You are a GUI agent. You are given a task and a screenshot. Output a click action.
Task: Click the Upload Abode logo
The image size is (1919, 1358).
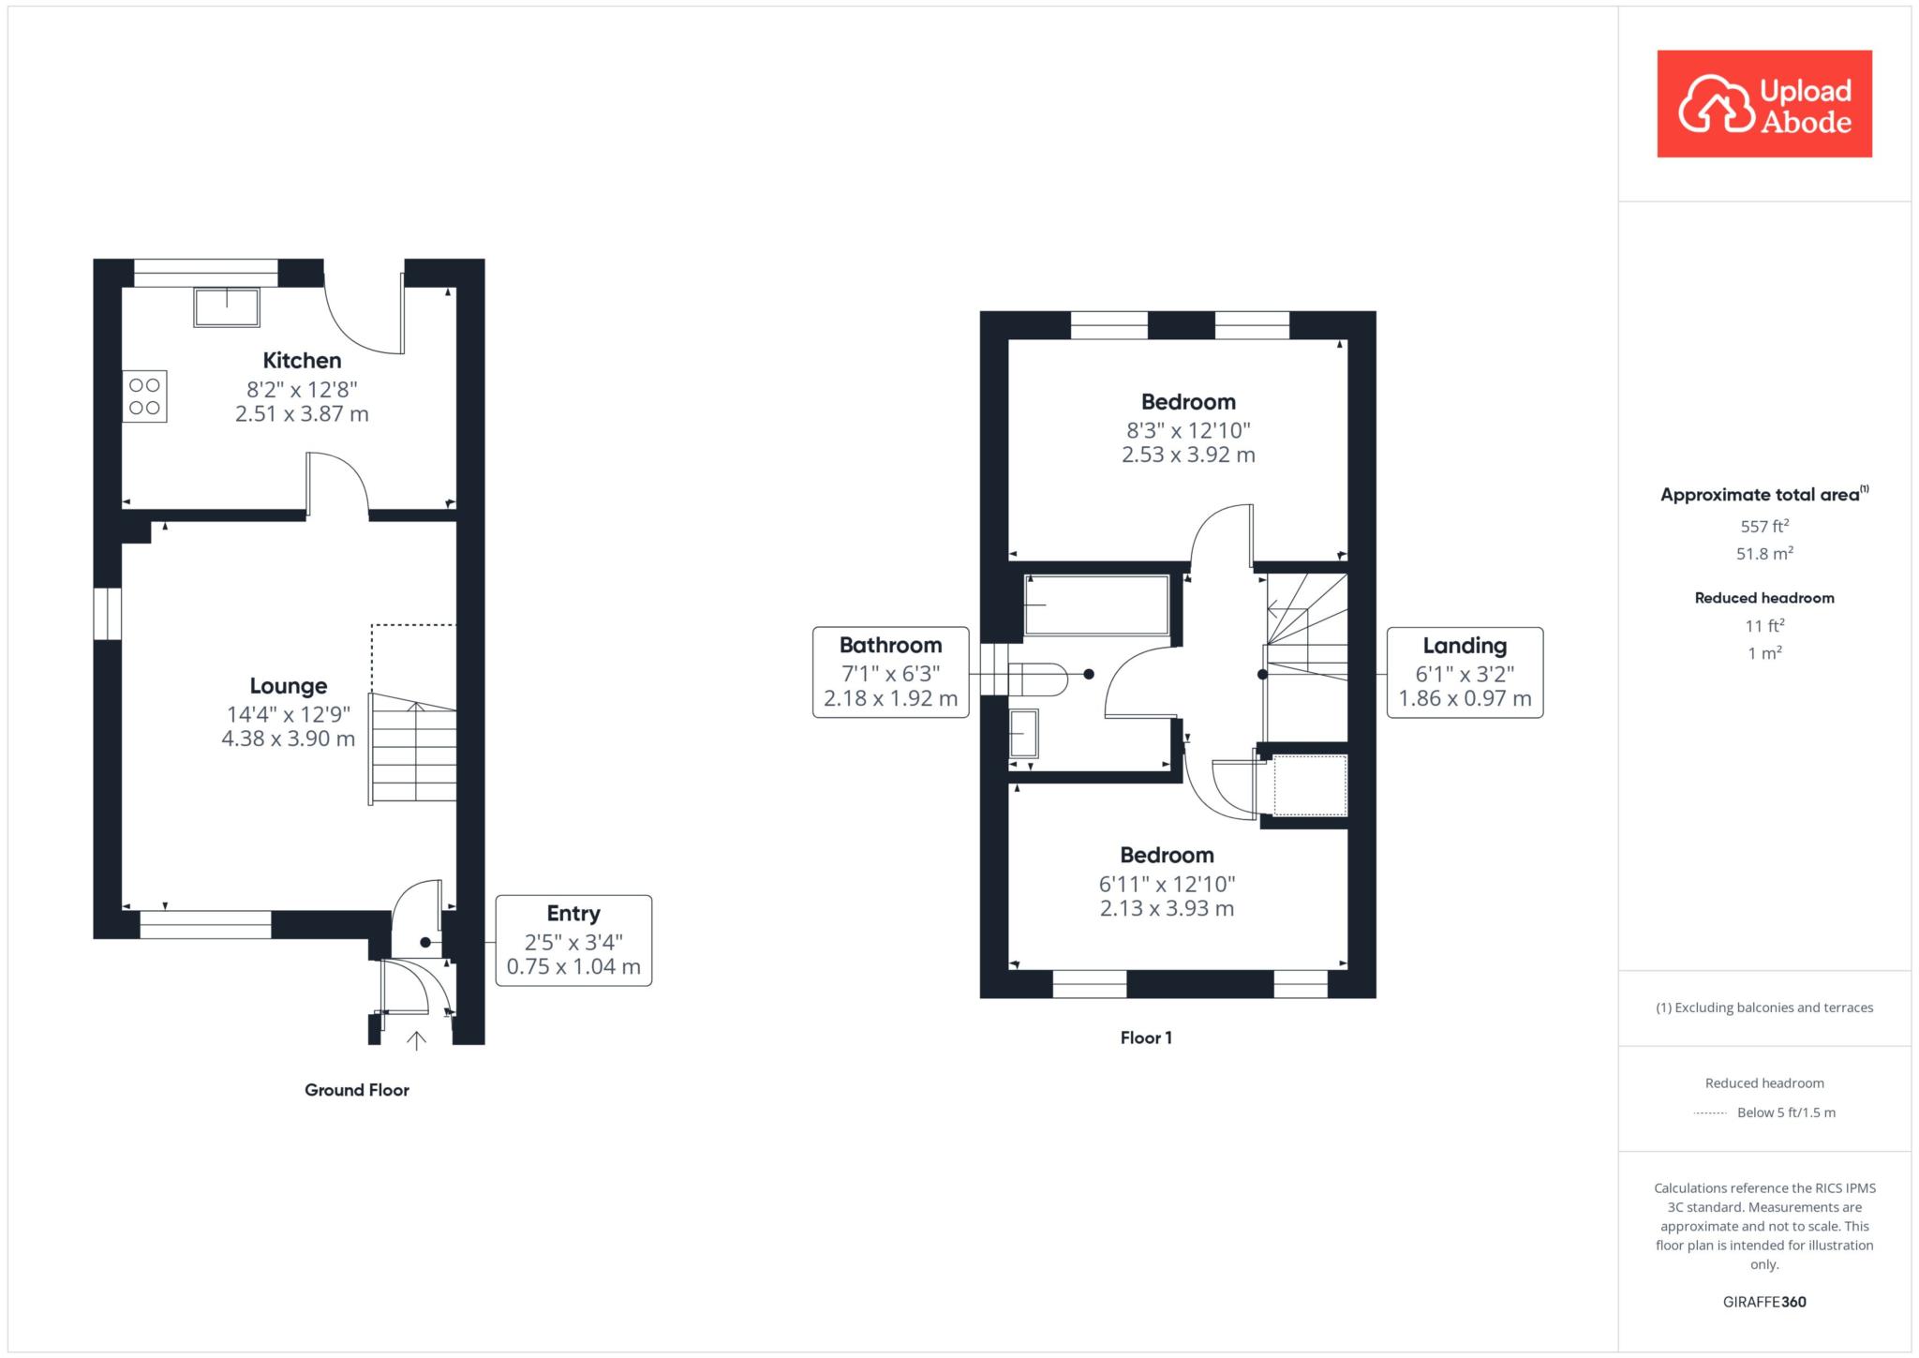pyautogui.click(x=1764, y=104)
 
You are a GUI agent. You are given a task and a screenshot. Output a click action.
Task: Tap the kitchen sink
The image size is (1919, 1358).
pyautogui.click(x=227, y=307)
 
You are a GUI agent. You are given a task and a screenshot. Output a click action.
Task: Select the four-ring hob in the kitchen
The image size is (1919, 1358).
pyautogui.click(x=144, y=396)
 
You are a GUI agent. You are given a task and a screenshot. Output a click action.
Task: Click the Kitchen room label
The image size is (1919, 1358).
pyautogui.click(x=302, y=361)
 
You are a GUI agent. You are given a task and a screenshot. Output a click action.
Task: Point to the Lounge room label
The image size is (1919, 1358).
pyautogui.click(x=289, y=686)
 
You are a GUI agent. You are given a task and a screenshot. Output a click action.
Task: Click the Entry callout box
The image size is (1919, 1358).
pyautogui.click(x=573, y=941)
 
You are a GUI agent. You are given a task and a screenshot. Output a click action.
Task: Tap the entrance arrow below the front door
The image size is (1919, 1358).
pyautogui.click(x=416, y=1039)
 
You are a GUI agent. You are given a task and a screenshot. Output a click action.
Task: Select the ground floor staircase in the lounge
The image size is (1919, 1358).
pyautogui.click(x=413, y=748)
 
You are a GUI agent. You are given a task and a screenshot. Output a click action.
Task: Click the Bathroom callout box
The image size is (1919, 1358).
pyautogui.click(x=891, y=673)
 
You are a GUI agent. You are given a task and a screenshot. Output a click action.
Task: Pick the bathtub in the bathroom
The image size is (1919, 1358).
pyautogui.click(x=1096, y=605)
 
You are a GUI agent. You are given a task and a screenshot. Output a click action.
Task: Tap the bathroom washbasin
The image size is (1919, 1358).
pyautogui.click(x=1023, y=733)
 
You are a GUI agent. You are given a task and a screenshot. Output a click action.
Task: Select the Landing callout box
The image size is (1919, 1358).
pyautogui.click(x=1465, y=673)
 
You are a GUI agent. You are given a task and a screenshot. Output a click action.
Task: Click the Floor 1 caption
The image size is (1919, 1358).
pyautogui.click(x=1146, y=1037)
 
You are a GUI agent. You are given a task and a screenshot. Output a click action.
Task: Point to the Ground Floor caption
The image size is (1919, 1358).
pyautogui.click(x=357, y=1090)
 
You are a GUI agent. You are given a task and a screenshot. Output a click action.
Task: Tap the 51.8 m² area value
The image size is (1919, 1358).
pyautogui.click(x=1764, y=553)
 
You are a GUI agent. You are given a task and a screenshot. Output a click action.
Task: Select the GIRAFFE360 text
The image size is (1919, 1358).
pyautogui.click(x=1764, y=1302)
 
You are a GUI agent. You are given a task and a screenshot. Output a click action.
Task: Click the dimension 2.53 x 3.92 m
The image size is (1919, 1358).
pyautogui.click(x=1188, y=455)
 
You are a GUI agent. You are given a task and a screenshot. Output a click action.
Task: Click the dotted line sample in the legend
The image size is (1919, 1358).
pyautogui.click(x=1710, y=1113)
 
